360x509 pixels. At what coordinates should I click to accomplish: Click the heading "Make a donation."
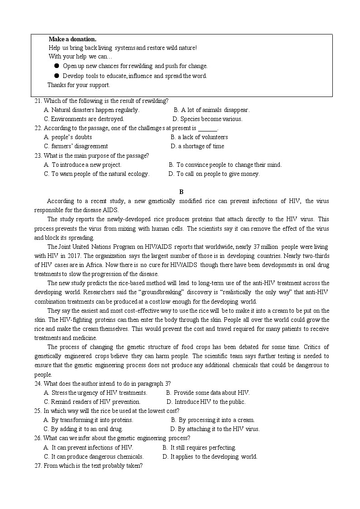72,39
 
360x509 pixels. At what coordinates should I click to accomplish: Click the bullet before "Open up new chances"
57,66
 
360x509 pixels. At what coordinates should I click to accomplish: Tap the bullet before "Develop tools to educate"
57,76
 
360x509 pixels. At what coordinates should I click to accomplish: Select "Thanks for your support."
79,85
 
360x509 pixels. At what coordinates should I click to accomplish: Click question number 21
38,101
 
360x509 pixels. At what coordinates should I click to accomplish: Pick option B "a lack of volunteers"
199,137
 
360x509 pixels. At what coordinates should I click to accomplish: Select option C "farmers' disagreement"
76,146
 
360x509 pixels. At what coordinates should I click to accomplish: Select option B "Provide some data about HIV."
208,393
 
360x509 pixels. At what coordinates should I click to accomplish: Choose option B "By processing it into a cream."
213,420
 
